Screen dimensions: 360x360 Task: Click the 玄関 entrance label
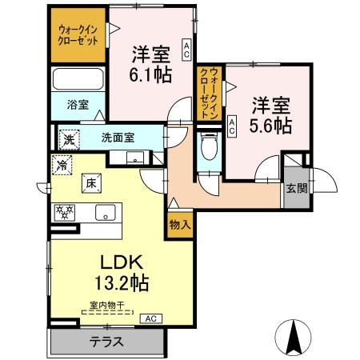tap(297, 189)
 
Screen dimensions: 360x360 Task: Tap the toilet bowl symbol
tap(209, 146)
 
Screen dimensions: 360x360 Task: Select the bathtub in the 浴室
tap(78, 79)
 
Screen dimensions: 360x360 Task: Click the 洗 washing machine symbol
tap(70, 140)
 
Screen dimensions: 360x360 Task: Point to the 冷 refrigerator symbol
tap(62, 165)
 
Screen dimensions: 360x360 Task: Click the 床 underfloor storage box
tap(91, 183)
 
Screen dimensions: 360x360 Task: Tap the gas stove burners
tap(65, 213)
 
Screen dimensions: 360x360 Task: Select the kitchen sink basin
tap(106, 213)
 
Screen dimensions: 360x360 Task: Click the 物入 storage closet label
tap(180, 226)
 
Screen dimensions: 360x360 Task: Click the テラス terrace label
tap(106, 342)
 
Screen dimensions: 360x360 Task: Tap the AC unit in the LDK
tap(151, 318)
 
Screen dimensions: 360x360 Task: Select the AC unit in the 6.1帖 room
tap(186, 50)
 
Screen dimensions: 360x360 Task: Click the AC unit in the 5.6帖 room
tap(232, 126)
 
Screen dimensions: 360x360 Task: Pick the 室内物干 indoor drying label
tap(107, 306)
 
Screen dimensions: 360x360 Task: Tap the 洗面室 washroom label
tap(118, 138)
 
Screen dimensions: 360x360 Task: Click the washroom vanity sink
tap(135, 158)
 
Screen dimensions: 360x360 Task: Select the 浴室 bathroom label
tap(78, 105)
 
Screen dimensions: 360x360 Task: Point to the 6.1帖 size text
tap(150, 75)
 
